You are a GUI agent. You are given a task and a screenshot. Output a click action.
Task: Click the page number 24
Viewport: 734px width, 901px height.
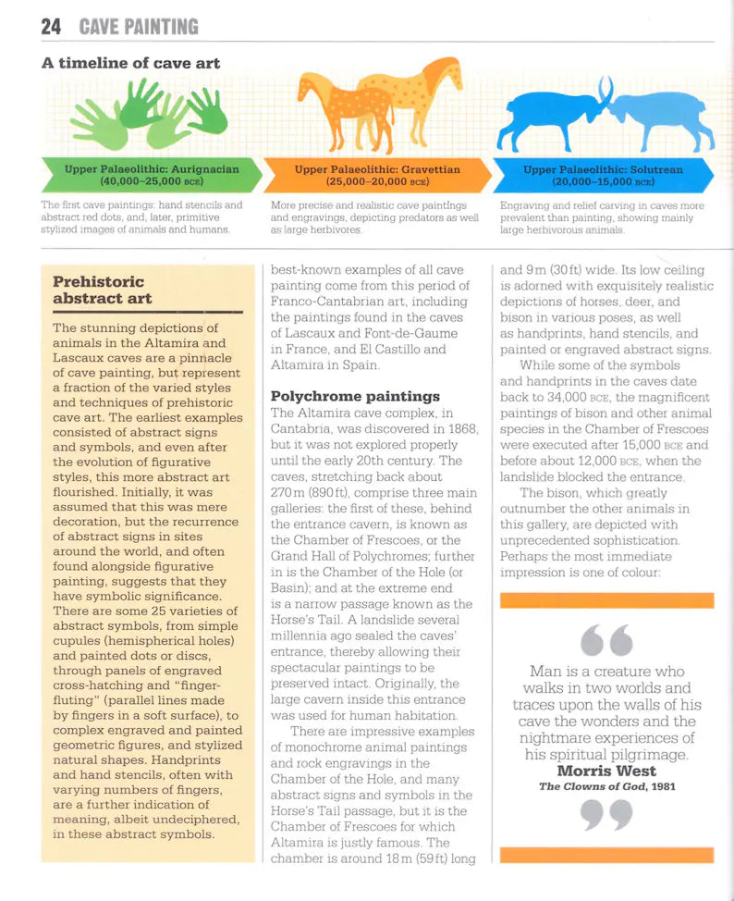click(x=51, y=27)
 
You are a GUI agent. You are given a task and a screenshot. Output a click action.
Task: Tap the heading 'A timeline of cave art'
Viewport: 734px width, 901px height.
click(x=130, y=63)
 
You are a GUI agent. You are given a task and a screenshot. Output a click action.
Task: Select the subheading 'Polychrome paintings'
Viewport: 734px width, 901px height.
click(x=355, y=396)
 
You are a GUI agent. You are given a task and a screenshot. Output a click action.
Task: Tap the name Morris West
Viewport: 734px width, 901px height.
click(x=606, y=771)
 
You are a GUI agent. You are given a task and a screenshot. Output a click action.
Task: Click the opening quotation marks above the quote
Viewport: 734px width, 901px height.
click(x=606, y=639)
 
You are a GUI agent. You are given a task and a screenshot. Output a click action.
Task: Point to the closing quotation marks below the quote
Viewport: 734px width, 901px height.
click(x=606, y=815)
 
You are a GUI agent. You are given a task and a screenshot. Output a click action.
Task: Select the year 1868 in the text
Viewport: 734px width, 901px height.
click(x=459, y=428)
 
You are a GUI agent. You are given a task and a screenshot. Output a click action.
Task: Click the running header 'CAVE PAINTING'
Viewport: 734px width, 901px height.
click(x=139, y=27)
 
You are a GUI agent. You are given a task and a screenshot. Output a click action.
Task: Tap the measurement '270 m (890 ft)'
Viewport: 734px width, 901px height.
click(x=314, y=493)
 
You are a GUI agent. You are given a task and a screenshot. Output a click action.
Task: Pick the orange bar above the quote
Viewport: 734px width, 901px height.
click(x=606, y=600)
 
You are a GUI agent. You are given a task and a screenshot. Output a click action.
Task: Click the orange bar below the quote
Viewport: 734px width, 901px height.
click(x=606, y=855)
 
